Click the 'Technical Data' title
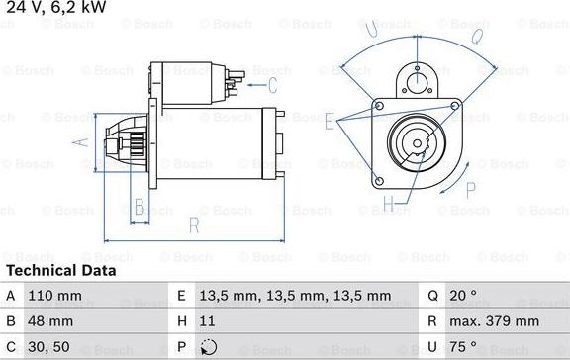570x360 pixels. pos(60,270)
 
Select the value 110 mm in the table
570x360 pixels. pos(54,296)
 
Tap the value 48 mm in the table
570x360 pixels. pos(49,321)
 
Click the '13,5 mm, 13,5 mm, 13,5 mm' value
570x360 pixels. pos(268,296)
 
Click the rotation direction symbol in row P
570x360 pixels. pos(205,347)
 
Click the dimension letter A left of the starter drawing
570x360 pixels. pos(82,142)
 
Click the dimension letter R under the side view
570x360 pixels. pos(194,225)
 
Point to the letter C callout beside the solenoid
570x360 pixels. pos(286,85)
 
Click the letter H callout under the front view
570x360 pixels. pos(389,206)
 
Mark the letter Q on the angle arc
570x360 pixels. pos(476,37)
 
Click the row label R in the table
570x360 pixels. pos(433,321)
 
